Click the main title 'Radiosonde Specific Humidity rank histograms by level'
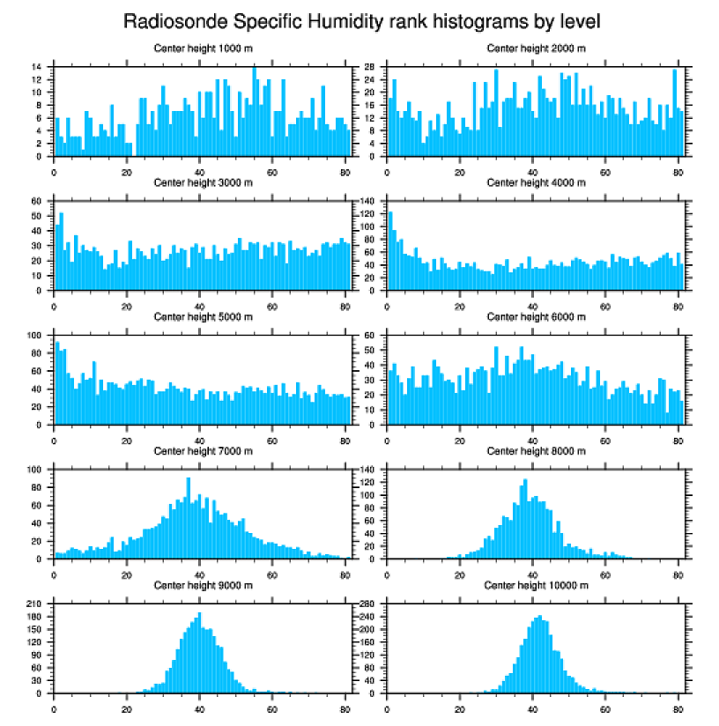pyautogui.click(x=361, y=20)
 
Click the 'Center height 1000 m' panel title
pyautogui.click(x=203, y=48)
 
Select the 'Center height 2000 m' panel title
pyautogui.click(x=536, y=48)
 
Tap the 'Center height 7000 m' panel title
pyautogui.click(x=203, y=451)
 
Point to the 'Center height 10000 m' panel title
pyautogui.click(x=536, y=585)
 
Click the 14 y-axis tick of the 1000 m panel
pyautogui.click(x=38, y=67)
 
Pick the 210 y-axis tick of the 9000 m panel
pyautogui.click(x=35, y=604)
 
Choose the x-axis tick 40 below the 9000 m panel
pyautogui.click(x=200, y=706)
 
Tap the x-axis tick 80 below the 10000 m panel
pyautogui.click(x=678, y=706)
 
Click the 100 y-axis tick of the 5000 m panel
pyautogui.click(x=35, y=335)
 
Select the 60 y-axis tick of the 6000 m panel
pyautogui.click(x=371, y=335)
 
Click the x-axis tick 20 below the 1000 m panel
pyautogui.click(x=127, y=169)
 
